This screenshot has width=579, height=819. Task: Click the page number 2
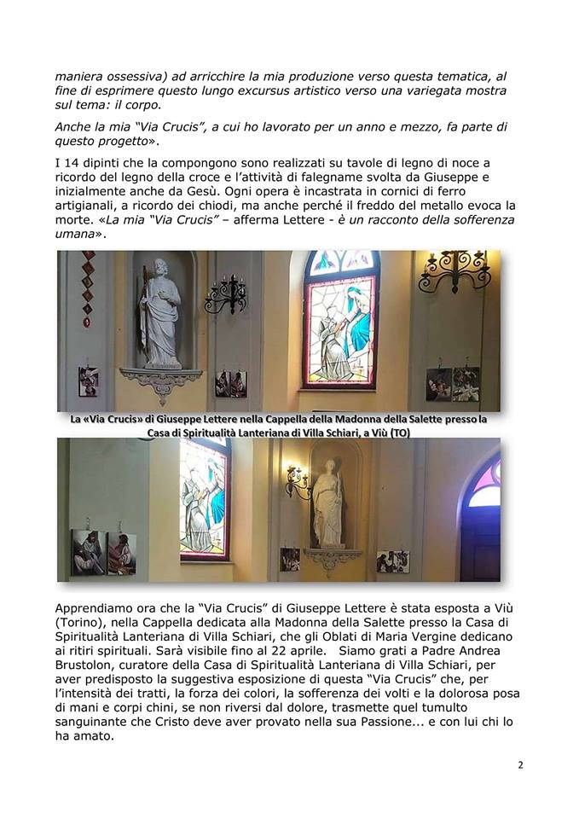coord(520,764)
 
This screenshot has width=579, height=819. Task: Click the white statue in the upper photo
coord(160,311)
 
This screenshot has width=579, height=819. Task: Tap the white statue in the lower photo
coord(327,503)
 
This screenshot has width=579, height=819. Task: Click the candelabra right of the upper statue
coord(225,293)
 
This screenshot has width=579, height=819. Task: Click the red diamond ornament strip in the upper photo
coord(86,289)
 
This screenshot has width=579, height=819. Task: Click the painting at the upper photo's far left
coord(88,381)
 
